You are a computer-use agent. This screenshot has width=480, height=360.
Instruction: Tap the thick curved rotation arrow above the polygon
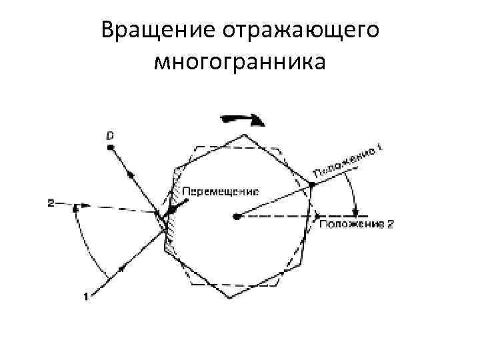point(243,119)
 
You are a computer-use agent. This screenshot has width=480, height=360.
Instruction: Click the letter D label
point(111,136)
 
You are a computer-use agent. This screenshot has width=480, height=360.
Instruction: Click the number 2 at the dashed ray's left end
point(51,202)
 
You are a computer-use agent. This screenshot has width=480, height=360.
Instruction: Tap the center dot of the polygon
point(237,216)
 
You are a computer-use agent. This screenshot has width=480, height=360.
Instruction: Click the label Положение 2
point(357,225)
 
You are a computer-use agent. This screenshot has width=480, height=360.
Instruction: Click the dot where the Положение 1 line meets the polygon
point(311,184)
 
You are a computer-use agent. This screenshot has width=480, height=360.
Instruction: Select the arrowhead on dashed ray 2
point(75,207)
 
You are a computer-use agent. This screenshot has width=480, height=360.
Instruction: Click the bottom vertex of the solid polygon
point(229,298)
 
